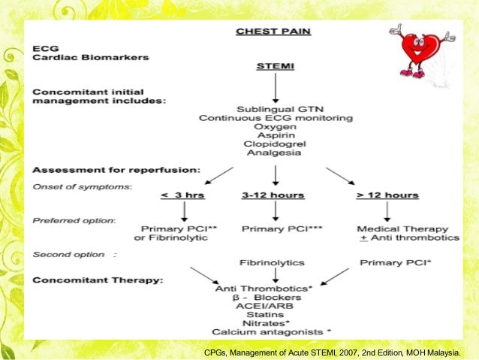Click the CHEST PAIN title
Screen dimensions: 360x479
272,32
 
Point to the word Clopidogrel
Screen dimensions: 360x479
272,142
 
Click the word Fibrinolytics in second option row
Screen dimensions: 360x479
273,263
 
